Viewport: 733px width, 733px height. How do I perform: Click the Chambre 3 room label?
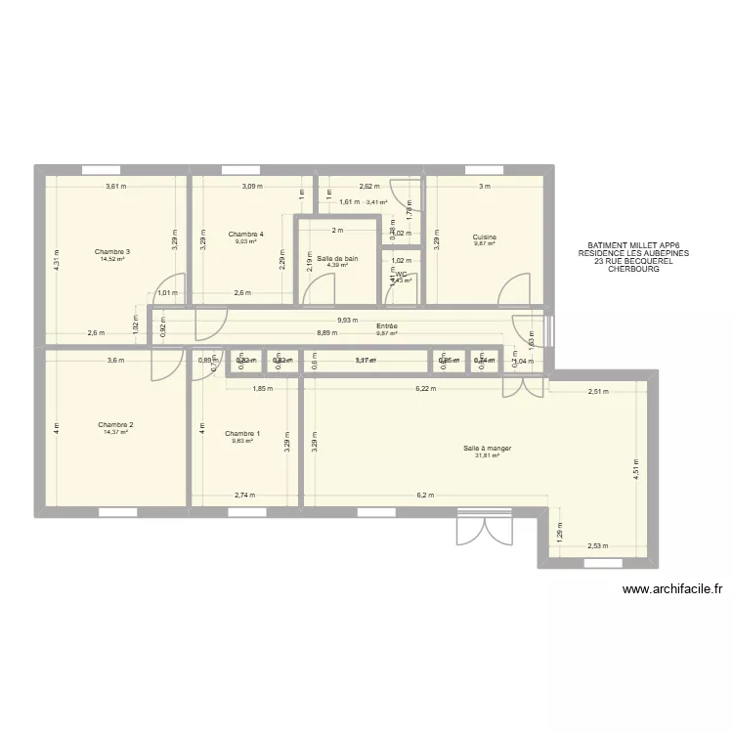click(112, 252)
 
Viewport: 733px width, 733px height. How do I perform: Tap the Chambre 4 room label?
click(245, 235)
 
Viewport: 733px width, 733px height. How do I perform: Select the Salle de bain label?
click(337, 258)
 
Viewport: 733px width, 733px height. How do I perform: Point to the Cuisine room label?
click(485, 237)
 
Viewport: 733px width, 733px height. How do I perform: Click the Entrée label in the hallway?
click(386, 325)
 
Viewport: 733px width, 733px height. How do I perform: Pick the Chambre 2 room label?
click(115, 425)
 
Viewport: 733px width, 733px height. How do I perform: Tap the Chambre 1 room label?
click(242, 433)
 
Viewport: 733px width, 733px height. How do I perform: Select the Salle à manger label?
click(488, 449)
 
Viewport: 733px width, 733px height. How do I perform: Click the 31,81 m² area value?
click(488, 455)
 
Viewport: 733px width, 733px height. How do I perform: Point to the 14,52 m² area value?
click(112, 259)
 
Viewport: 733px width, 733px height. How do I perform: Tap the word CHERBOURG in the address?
click(633, 269)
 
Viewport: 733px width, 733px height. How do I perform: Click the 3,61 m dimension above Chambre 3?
click(117, 187)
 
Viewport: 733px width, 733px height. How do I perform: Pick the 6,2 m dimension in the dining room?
click(424, 496)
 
